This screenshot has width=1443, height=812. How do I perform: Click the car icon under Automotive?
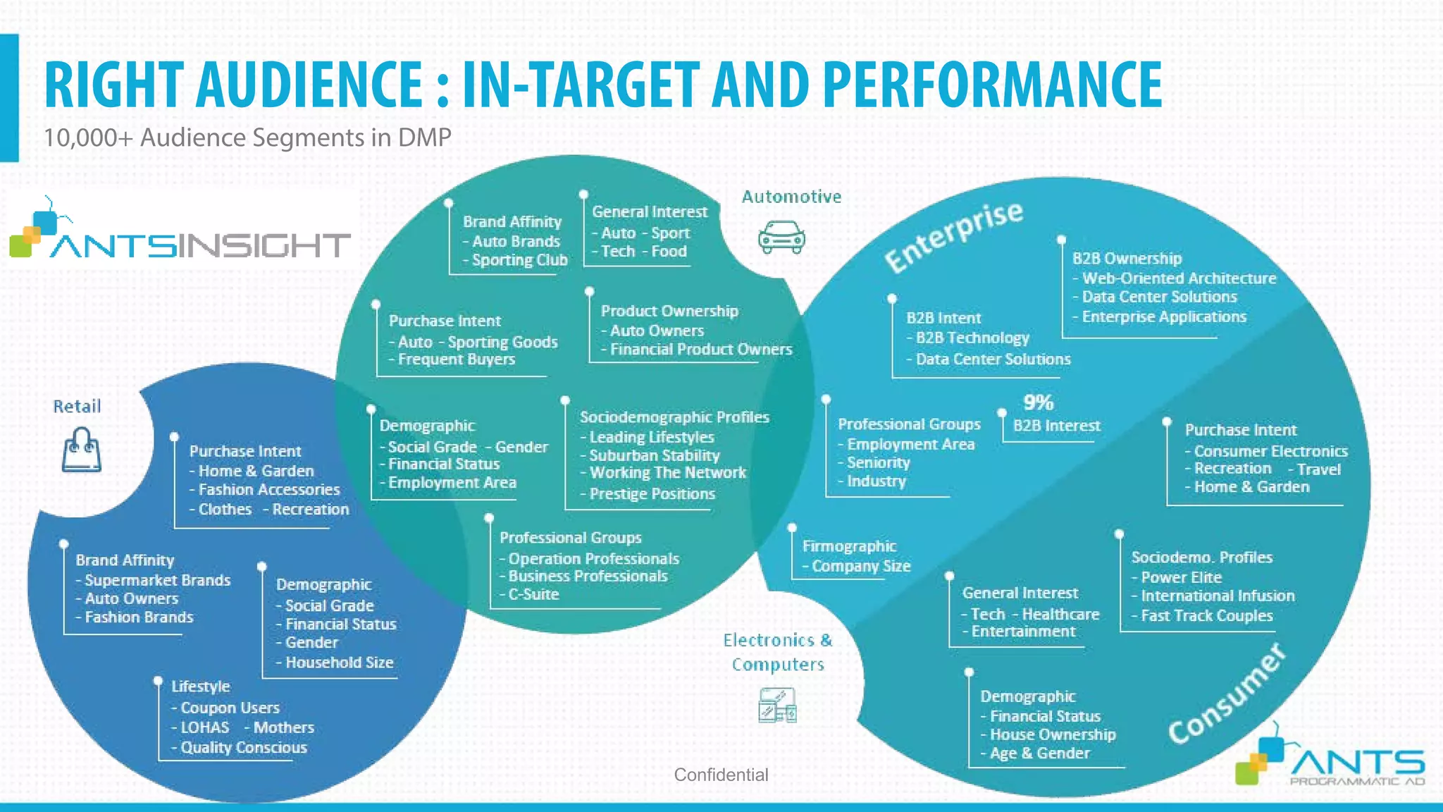(x=781, y=238)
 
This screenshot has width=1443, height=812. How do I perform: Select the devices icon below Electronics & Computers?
(x=777, y=705)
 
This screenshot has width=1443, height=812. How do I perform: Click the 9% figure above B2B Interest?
(x=1038, y=402)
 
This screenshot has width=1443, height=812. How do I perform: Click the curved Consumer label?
(x=1227, y=695)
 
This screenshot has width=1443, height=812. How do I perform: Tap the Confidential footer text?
(x=721, y=775)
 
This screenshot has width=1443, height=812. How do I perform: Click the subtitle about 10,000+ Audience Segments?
(x=247, y=137)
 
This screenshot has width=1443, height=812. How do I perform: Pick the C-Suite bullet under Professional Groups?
(x=533, y=594)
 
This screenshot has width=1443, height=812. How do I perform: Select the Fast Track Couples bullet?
(x=1206, y=615)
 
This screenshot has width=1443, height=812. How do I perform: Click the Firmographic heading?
(x=849, y=546)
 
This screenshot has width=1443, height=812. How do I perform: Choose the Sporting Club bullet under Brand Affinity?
(x=519, y=260)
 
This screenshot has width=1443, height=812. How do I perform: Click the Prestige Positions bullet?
(x=652, y=493)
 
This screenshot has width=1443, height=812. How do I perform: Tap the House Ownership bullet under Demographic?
(x=1052, y=734)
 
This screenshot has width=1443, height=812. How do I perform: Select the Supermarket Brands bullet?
(x=157, y=580)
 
